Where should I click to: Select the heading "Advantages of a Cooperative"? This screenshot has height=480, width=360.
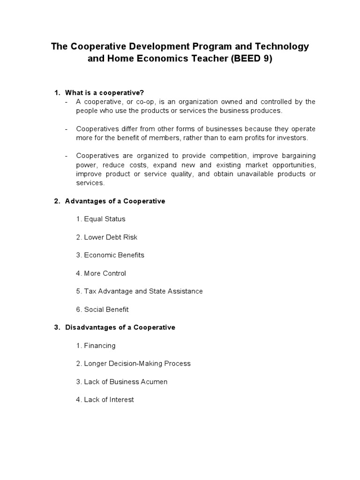(115, 201)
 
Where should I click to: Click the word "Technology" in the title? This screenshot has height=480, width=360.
(278, 46)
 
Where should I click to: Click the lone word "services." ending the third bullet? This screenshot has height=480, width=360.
(90, 183)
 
